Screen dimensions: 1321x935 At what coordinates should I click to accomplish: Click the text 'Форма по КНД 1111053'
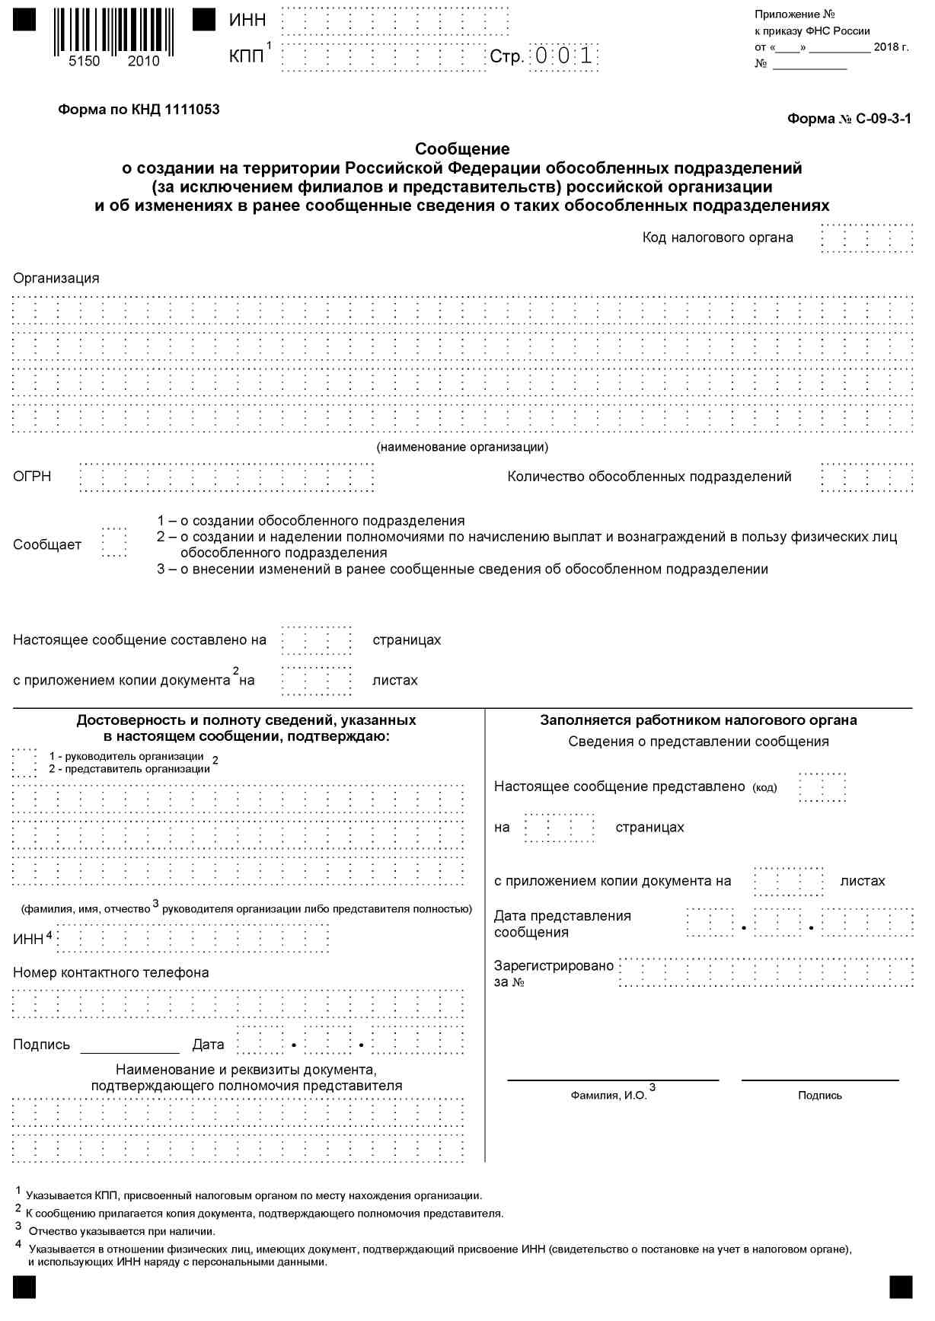[x=139, y=110]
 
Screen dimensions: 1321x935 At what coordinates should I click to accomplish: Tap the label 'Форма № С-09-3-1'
[x=848, y=119]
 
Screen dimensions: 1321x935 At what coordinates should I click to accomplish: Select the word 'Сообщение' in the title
[x=462, y=148]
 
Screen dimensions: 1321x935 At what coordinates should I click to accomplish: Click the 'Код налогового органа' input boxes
[x=867, y=238]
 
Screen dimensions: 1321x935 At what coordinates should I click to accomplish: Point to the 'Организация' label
[x=56, y=278]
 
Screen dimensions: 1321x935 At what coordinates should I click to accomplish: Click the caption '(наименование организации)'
[x=462, y=447]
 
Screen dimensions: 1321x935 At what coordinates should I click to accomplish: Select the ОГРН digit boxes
[x=227, y=477]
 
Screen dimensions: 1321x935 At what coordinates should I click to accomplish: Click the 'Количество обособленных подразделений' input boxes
[x=867, y=477]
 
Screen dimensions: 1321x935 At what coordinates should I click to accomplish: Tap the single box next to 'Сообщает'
[x=114, y=543]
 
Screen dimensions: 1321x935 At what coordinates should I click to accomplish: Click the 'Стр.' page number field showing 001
[x=564, y=56]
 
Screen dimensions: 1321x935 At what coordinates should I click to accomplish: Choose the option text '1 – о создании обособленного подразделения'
[x=311, y=521]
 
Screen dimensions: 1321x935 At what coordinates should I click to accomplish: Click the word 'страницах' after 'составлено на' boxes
[x=407, y=640]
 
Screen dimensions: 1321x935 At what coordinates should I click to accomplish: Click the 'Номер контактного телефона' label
[x=111, y=972]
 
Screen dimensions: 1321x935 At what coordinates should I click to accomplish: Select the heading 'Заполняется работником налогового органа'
[x=698, y=720]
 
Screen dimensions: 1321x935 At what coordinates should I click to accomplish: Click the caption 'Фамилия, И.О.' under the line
[x=608, y=1095]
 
